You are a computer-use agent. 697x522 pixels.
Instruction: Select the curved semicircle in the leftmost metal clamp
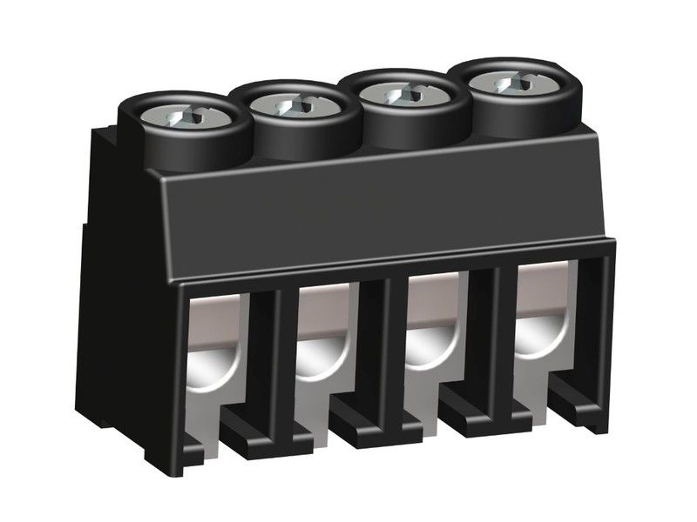tap(213, 374)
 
